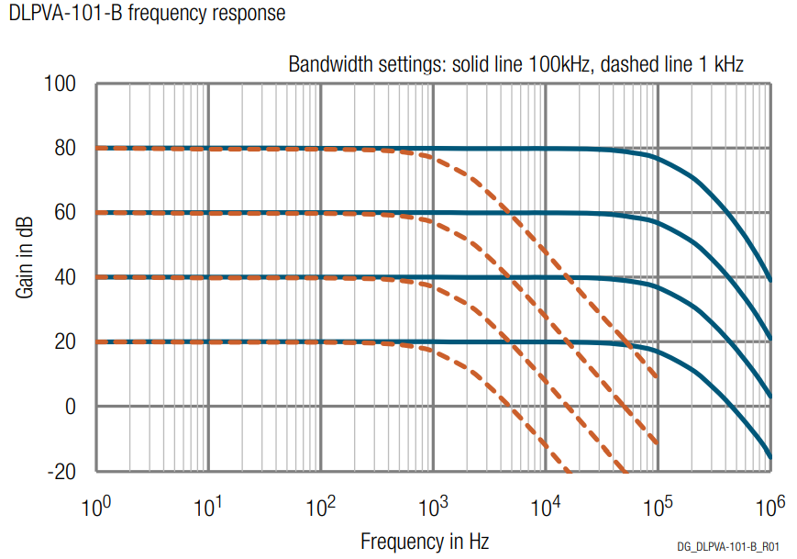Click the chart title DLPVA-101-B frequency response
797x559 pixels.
[146, 14]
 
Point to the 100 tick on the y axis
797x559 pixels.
[61, 85]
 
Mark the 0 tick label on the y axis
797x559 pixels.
[72, 407]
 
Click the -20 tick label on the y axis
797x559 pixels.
[62, 471]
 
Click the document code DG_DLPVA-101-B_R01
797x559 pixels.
[730, 546]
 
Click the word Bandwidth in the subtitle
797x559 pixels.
[329, 64]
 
